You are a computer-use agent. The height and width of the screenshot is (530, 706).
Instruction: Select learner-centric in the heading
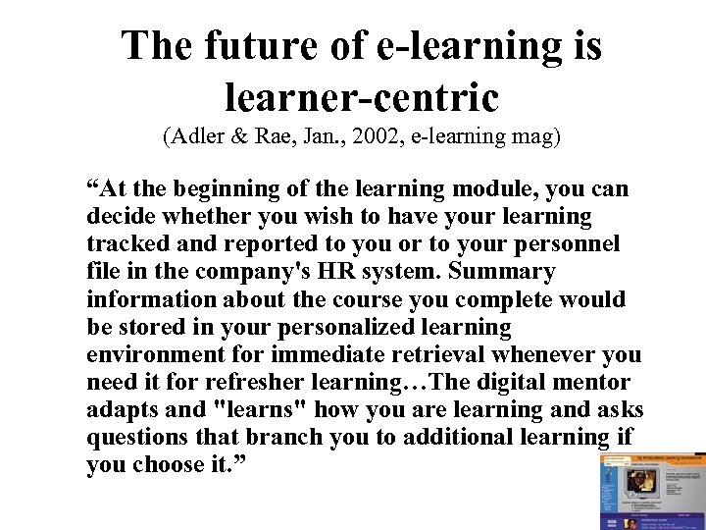pyautogui.click(x=362, y=96)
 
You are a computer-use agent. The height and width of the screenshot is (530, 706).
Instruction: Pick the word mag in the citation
pyautogui.click(x=534, y=136)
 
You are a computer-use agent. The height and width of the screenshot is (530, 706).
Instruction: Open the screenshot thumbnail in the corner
pyautogui.click(x=652, y=492)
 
